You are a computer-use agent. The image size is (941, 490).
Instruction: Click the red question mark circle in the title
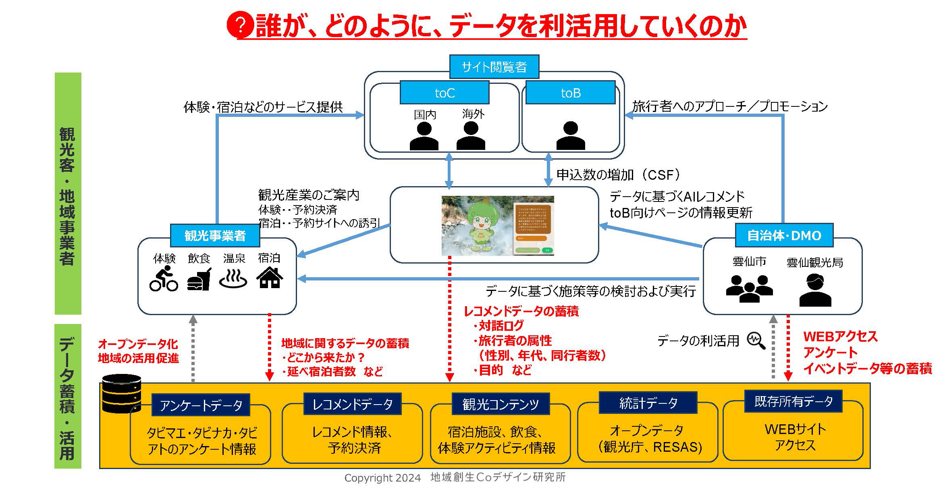coord(240,25)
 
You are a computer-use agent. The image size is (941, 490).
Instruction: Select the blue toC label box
coord(445,93)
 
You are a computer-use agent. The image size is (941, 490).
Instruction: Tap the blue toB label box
coord(570,93)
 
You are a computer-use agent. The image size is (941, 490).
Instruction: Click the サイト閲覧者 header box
coord(494,67)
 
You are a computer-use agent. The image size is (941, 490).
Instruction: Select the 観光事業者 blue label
coord(215,235)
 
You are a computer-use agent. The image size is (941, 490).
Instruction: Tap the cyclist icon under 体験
coord(164,278)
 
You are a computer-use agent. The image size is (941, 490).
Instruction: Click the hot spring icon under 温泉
coord(233,278)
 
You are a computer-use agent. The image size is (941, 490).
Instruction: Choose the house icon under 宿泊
coord(270,278)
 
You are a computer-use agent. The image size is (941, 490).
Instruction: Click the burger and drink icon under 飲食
coord(199,279)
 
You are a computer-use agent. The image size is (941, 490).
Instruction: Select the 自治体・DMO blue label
coord(784,235)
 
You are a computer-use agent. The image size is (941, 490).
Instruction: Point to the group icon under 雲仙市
coord(749,288)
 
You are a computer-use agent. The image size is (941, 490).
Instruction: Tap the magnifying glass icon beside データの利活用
coord(756,341)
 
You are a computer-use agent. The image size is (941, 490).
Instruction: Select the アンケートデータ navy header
coord(201,405)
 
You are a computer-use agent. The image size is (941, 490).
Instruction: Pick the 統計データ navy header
coord(648,403)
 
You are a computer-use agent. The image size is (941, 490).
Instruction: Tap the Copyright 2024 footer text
coord(382,478)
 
